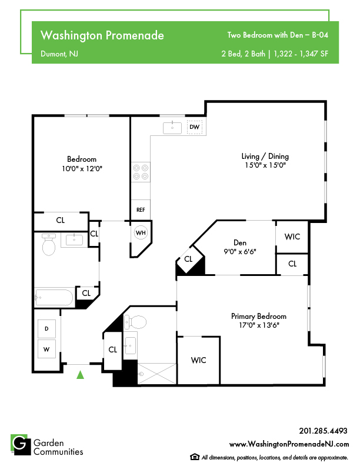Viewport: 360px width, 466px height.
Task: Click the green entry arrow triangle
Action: pos(80,375)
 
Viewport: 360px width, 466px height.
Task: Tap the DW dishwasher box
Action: pos(195,127)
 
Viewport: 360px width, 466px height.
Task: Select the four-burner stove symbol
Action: pos(141,172)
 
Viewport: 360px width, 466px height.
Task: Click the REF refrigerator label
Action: pos(141,210)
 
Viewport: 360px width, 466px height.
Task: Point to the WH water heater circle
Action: pos(141,232)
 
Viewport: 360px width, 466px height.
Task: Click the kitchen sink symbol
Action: pos(172,128)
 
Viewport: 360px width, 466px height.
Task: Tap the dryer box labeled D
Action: pos(46,329)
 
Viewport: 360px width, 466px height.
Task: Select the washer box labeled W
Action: pos(46,349)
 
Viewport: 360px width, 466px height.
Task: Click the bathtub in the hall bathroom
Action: pos(54,297)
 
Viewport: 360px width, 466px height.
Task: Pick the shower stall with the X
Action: pos(157,374)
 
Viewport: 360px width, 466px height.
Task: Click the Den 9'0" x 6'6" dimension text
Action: pos(240,252)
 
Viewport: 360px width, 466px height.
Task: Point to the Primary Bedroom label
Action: pos(259,316)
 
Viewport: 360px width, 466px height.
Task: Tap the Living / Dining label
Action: pos(265,157)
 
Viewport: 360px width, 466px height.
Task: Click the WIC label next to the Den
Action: pos(292,237)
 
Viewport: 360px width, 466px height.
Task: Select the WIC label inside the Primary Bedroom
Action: pos(198,360)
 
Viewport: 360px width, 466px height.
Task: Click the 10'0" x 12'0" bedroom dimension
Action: pos(82,169)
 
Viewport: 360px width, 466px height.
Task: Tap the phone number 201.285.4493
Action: pos(323,431)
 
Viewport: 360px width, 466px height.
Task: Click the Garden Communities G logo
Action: pos(21,445)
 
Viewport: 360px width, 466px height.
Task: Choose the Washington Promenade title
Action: pos(102,35)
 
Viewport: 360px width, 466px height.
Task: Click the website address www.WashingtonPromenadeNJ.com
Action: pos(289,444)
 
